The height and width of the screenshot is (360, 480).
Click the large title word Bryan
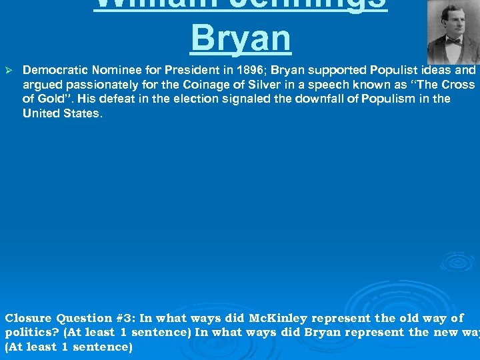click(241, 39)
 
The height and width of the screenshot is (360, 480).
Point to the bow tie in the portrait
click(454, 41)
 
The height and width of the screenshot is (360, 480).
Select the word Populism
click(365, 99)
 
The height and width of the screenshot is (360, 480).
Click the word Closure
click(29, 318)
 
